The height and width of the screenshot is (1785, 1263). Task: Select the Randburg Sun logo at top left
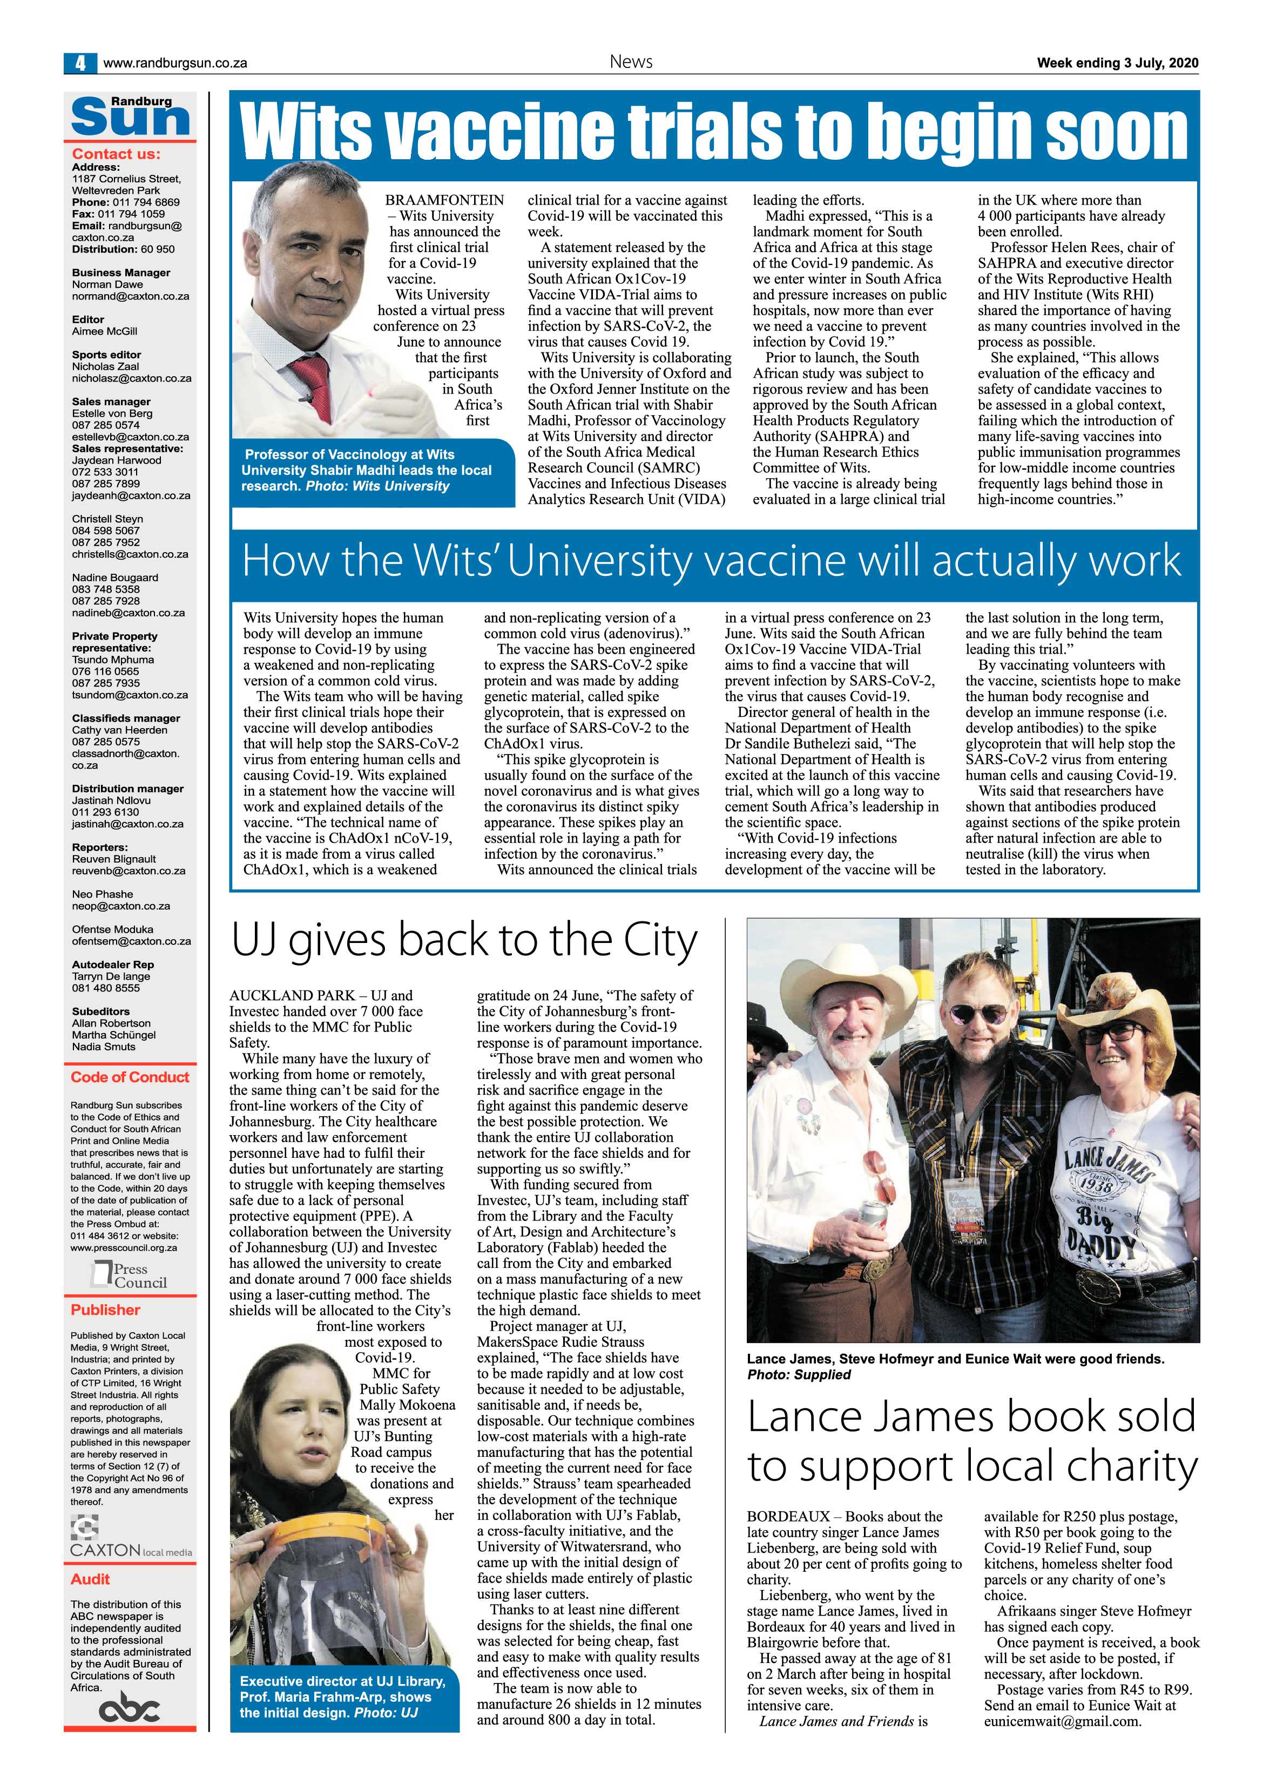(131, 116)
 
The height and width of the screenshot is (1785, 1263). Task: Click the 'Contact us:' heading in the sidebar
(116, 154)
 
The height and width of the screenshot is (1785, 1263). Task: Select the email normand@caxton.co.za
(130, 296)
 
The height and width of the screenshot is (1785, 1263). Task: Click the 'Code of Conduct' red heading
(130, 1077)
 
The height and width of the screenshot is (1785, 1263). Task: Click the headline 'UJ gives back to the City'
(464, 941)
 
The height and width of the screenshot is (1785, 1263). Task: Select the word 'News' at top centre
(631, 62)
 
